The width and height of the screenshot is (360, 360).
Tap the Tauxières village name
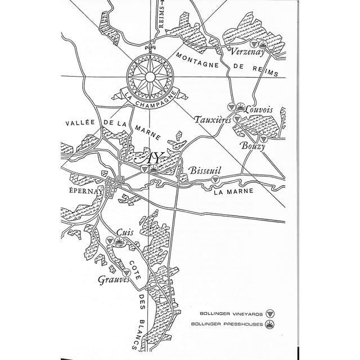tap(211, 119)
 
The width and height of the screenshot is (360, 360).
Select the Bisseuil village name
tap(205, 168)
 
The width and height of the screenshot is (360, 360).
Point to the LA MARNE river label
tap(233, 191)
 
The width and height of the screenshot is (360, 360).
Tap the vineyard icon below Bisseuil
tap(215, 178)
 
